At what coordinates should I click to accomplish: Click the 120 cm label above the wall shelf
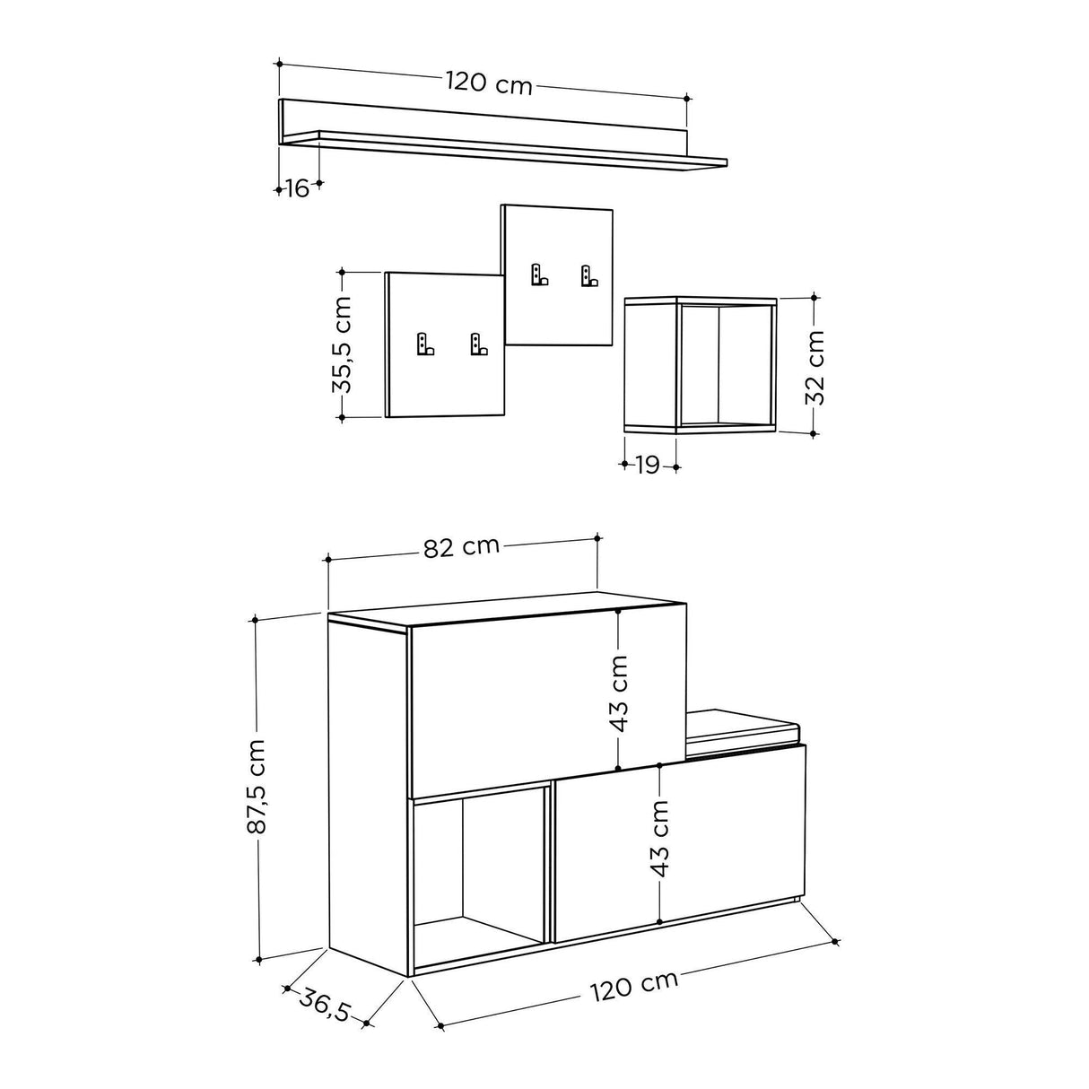(x=490, y=83)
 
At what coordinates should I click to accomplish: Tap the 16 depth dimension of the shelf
(x=298, y=188)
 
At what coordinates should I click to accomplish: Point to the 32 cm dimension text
(x=815, y=367)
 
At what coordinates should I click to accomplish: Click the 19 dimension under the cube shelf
(x=649, y=465)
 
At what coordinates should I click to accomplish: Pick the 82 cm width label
(x=461, y=547)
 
